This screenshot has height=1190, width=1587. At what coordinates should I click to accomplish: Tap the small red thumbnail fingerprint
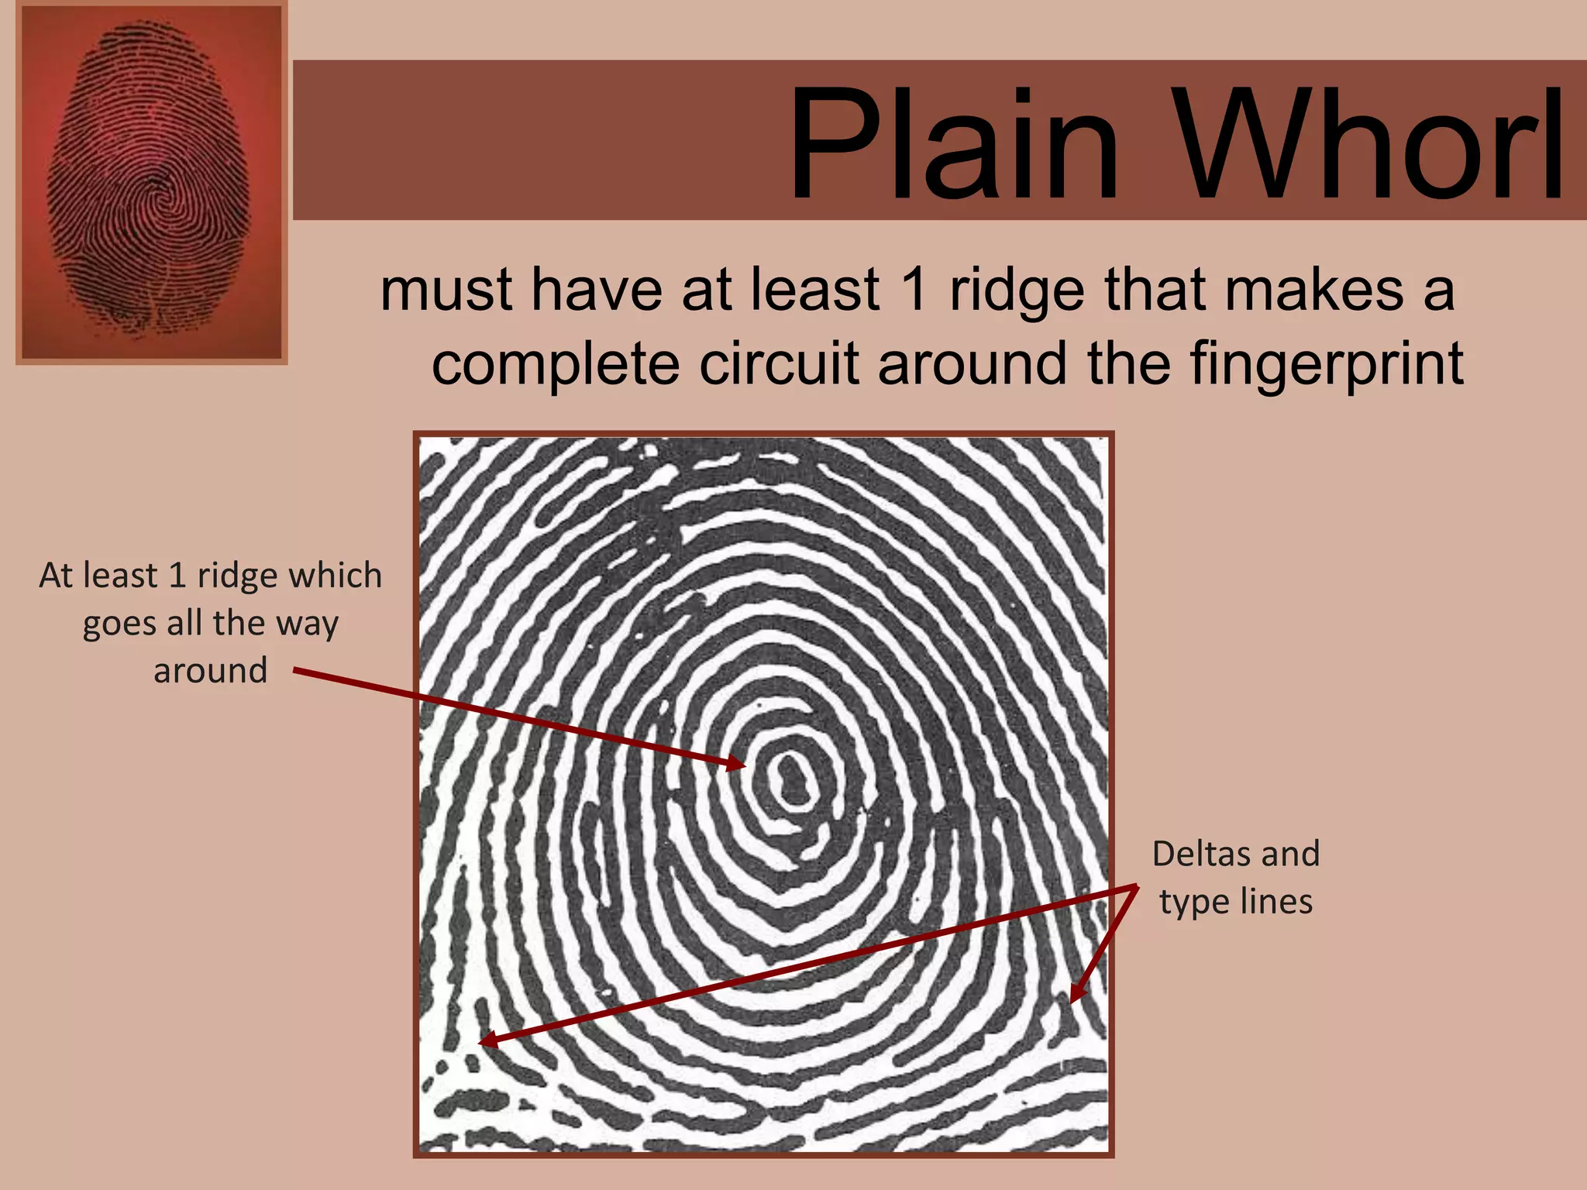point(151,183)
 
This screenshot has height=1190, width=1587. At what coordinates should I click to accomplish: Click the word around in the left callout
point(210,671)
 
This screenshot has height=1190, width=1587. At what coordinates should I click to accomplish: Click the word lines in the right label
point(1276,901)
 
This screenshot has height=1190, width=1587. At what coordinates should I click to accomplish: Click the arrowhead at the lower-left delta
point(487,1040)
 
